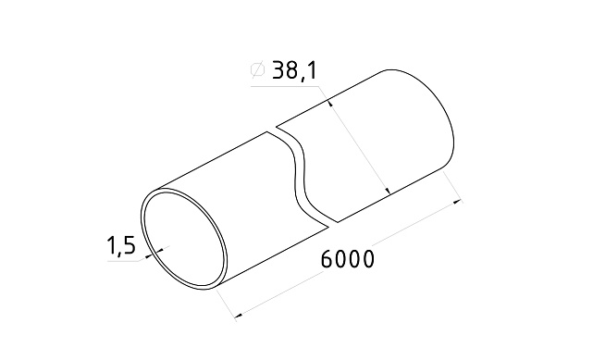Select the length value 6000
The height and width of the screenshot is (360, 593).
pyautogui.click(x=348, y=260)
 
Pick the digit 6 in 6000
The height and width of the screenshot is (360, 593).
pyautogui.click(x=327, y=260)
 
